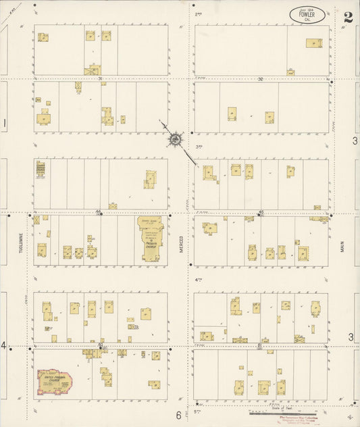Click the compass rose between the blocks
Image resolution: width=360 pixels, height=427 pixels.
point(175,139)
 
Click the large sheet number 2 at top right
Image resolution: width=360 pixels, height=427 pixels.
point(347,17)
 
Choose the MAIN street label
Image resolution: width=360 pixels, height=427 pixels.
point(342,248)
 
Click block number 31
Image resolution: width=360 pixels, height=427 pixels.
point(100,78)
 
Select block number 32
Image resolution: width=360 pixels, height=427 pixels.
point(259,78)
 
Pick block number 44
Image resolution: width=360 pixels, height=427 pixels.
point(98,211)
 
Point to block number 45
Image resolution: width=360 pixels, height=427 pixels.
point(260,211)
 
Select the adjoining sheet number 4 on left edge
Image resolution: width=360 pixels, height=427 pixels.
point(3,346)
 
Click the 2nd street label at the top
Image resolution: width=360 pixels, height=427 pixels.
point(199,14)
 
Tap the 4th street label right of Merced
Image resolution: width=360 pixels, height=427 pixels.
point(199,280)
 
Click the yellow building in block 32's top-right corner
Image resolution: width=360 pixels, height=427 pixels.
point(313,43)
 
